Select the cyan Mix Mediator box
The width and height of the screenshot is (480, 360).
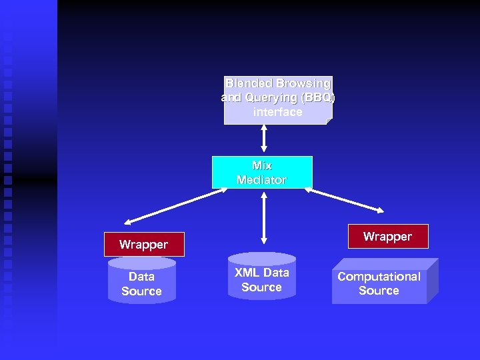click(x=262, y=173)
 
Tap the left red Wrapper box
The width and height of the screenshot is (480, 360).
click(x=143, y=245)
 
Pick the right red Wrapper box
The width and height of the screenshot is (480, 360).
click(x=387, y=237)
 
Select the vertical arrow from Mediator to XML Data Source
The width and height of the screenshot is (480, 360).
click(x=264, y=217)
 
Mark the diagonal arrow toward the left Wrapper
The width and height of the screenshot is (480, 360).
click(x=175, y=207)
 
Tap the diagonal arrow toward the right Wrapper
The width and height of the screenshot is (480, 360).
click(x=345, y=201)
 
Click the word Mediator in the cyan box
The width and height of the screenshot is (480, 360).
click(x=261, y=180)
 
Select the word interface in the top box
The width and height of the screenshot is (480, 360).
click(x=277, y=112)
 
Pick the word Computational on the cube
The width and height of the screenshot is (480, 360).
click(x=379, y=277)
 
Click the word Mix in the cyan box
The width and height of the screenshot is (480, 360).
click(x=262, y=165)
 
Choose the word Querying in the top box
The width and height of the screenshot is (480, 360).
click(x=271, y=98)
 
